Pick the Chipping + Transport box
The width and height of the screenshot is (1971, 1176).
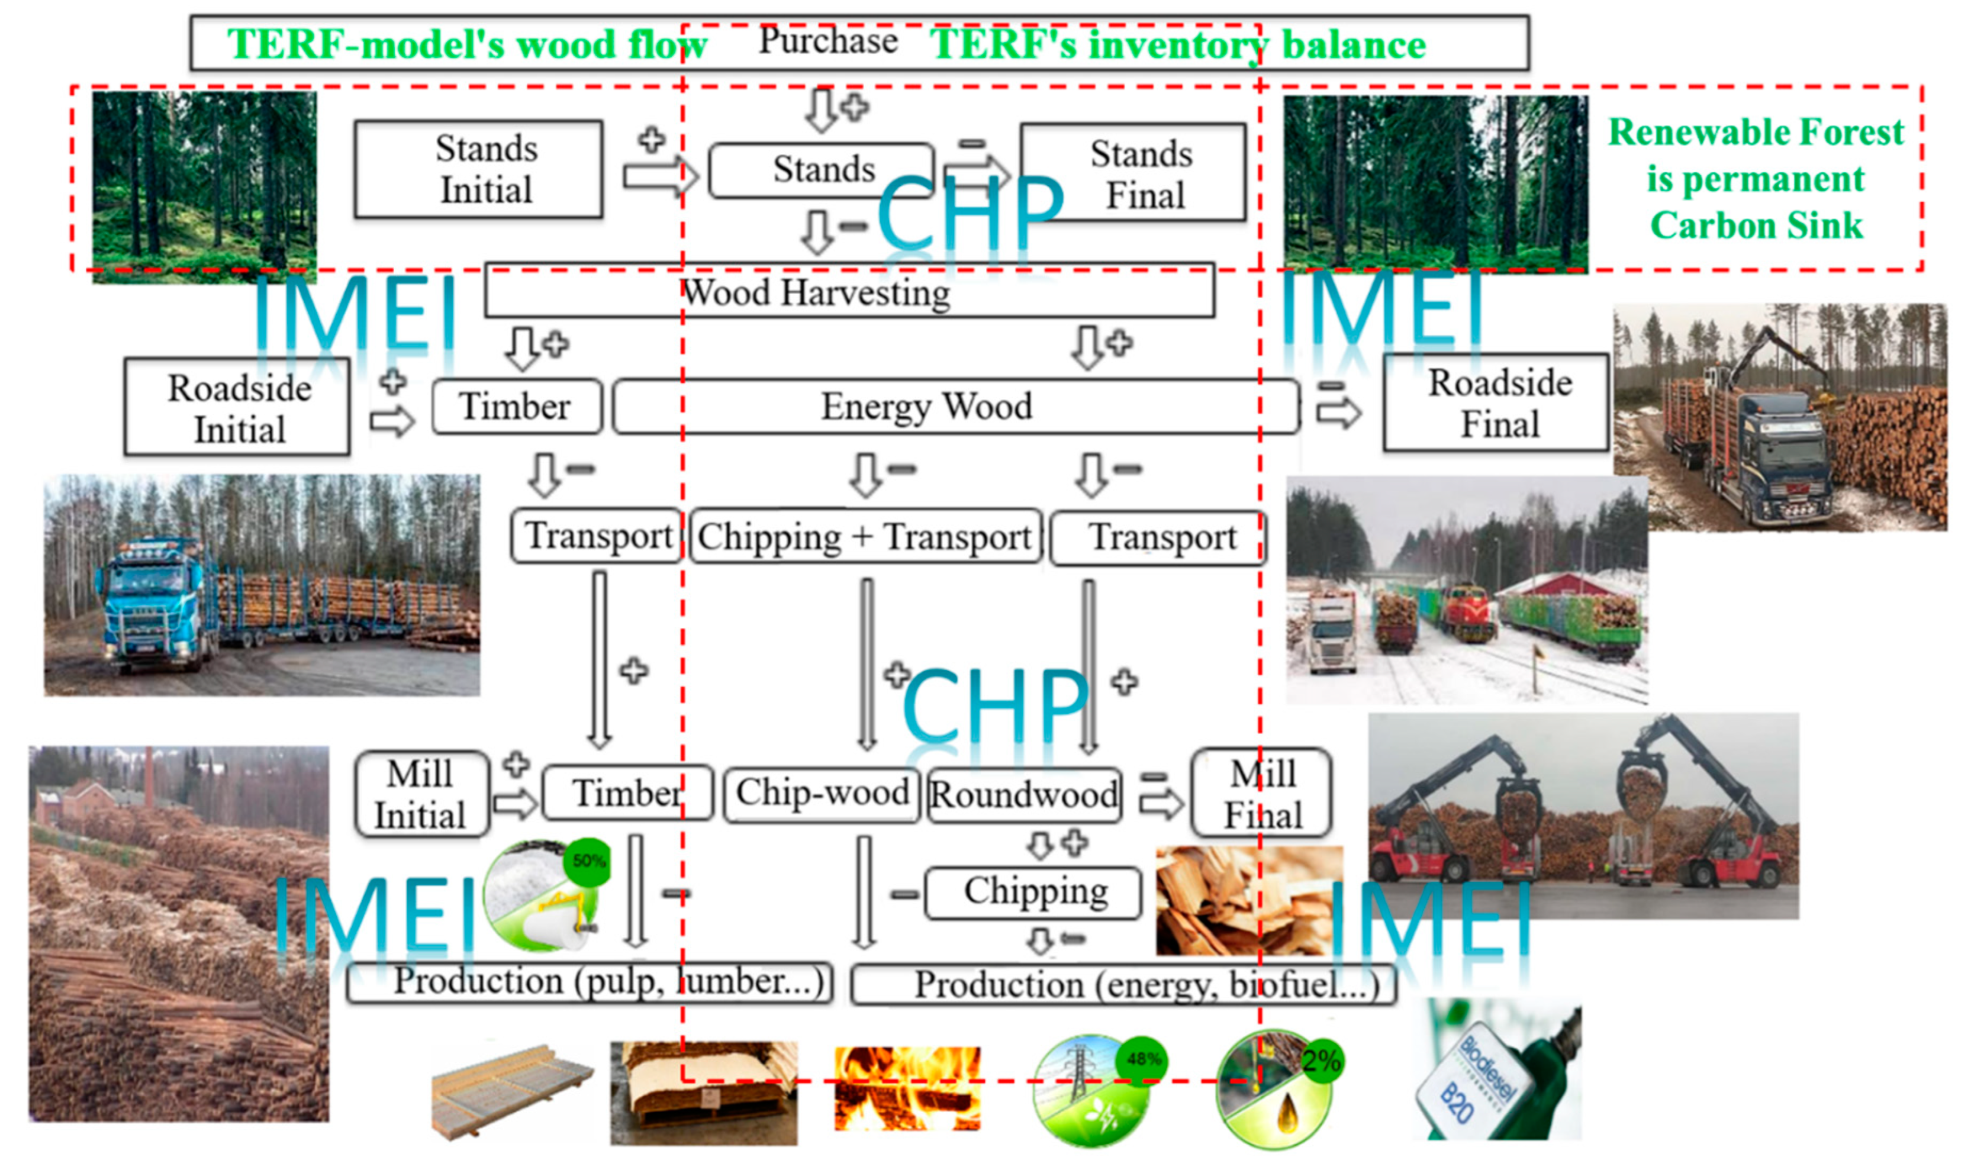(865, 536)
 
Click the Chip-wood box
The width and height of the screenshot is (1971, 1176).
(822, 793)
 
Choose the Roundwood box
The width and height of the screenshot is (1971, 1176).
(1024, 795)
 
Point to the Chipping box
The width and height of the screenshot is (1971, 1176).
(1033, 893)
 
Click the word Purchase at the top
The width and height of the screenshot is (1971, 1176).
(827, 41)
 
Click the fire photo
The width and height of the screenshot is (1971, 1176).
(907, 1088)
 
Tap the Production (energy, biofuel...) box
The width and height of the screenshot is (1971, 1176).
(1122, 985)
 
